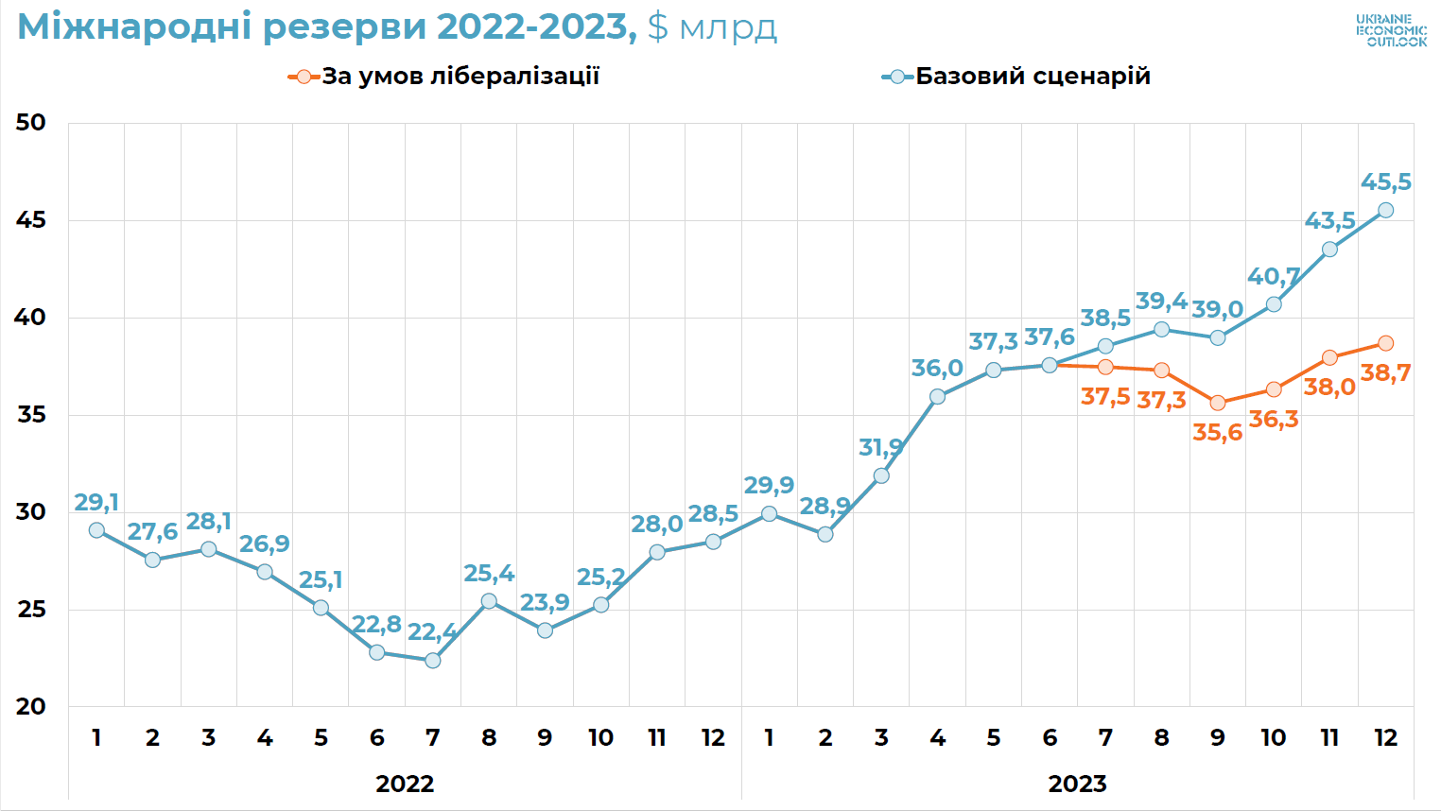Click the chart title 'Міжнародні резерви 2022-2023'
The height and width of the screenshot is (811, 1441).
coord(326,26)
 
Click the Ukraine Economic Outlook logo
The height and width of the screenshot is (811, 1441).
coord(1391,30)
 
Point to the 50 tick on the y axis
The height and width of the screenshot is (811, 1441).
coord(30,123)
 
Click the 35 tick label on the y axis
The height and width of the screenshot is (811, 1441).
coord(30,415)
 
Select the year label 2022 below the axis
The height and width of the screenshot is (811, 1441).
coord(405,784)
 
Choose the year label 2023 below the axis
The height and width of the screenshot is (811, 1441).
coord(1077,784)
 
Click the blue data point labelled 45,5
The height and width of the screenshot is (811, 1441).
coord(1385,210)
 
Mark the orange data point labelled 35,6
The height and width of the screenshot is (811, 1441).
coord(1218,403)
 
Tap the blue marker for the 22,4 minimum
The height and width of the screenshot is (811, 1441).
coord(433,661)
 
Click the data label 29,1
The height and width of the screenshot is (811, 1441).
coord(96,503)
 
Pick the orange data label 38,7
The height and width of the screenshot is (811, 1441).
coord(1385,373)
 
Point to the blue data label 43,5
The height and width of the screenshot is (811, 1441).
coord(1329,221)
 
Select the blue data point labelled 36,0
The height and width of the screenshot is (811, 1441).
coord(937,397)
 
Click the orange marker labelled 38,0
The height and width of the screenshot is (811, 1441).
coord(1329,357)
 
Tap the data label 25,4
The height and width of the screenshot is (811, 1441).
coord(489,574)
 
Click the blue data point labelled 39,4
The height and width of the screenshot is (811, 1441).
coord(1161,329)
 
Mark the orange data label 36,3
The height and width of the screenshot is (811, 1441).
coord(1274,420)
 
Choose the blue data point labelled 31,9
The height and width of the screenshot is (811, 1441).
coord(881,475)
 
